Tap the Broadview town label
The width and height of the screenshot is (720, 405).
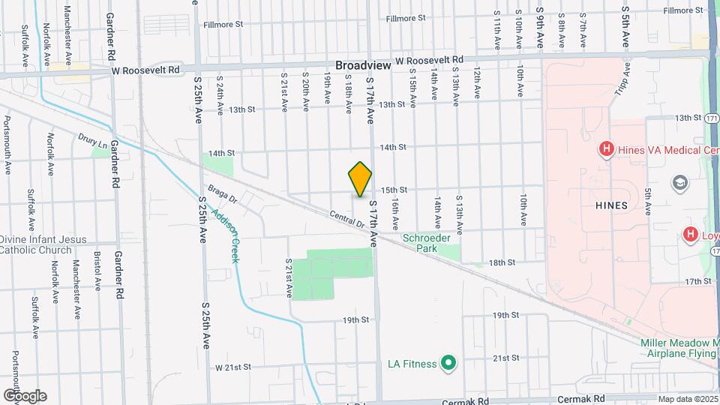pos(363,65)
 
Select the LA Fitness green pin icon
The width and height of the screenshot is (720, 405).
pos(448,364)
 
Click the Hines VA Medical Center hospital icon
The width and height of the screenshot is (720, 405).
pos(607,150)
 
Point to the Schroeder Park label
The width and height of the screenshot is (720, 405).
pos(426,242)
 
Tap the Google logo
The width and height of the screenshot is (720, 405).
pos(25,395)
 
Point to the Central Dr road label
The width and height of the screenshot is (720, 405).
pos(345,219)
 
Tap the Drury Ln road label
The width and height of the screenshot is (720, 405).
pos(92,139)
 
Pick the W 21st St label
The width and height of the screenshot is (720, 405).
pos(232,367)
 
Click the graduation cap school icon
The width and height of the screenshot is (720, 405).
pos(679,184)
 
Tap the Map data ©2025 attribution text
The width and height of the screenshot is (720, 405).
pos(688,399)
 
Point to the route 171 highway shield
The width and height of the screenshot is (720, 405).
pos(712,118)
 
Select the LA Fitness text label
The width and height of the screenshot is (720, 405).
pos(412,364)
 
